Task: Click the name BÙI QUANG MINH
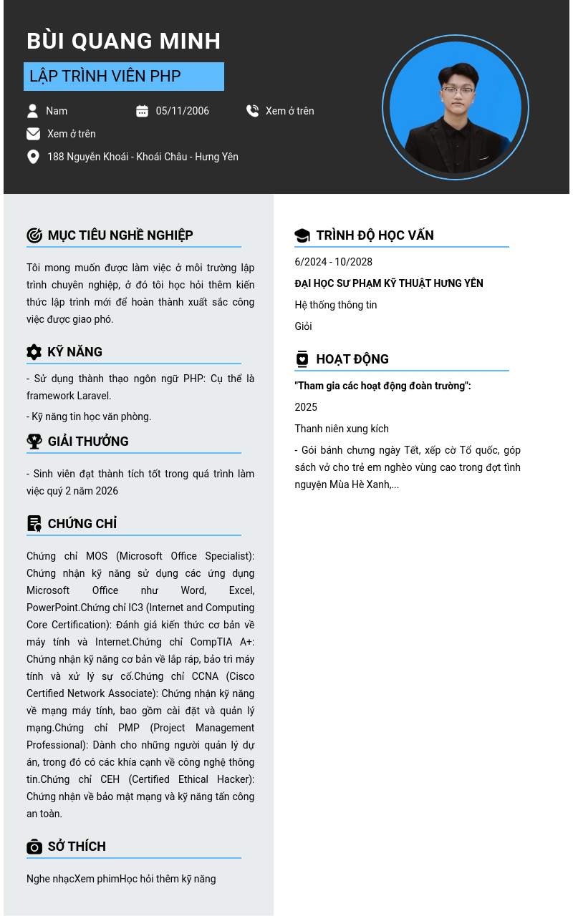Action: [x=123, y=41]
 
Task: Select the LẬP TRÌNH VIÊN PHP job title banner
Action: [x=123, y=77]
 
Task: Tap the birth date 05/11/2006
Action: [x=182, y=111]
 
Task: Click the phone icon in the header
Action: [x=252, y=111]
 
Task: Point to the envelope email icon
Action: [x=33, y=134]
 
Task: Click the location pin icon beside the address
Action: [x=33, y=157]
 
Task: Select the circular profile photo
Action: [x=456, y=108]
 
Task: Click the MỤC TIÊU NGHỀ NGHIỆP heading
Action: [x=120, y=235]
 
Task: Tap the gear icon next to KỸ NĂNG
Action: [x=34, y=352]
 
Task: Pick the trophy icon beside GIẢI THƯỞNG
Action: [x=34, y=442]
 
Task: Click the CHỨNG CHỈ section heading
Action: [x=82, y=524]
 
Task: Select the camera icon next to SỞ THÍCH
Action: [x=34, y=847]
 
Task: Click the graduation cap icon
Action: [x=302, y=235]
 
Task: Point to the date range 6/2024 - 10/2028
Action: [x=333, y=262]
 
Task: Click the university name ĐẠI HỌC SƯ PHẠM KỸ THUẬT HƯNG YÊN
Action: [x=388, y=283]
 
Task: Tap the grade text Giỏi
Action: [x=303, y=326]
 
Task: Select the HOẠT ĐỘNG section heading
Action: [x=352, y=359]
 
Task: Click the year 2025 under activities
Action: [x=306, y=407]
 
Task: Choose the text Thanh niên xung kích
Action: [x=342, y=429]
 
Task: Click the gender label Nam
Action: [x=57, y=111]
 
